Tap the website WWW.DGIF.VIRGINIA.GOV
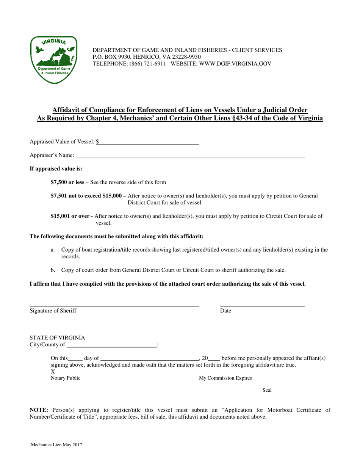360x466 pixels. coord(239,64)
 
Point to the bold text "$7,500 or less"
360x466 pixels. coord(67,182)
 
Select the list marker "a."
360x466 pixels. coord(53,250)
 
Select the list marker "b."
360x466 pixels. coord(53,270)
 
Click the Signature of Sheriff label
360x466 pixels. coord(53,311)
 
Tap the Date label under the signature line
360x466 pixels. coord(225,311)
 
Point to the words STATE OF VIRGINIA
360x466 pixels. coord(57,338)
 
